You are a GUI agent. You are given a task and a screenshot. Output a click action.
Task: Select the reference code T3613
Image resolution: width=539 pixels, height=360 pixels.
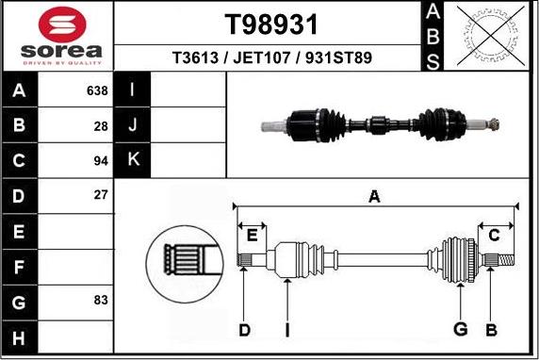[195, 58]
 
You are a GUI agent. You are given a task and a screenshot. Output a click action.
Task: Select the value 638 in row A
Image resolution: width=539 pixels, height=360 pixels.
[96, 91]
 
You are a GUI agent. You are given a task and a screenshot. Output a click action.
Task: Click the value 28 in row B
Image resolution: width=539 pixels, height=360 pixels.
[101, 125]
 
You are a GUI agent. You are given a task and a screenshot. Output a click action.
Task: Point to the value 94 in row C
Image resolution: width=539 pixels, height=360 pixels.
[101, 160]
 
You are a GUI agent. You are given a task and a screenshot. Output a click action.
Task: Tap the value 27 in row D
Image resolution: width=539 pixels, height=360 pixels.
[101, 195]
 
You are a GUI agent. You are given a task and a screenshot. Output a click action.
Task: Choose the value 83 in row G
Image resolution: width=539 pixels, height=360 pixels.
[101, 300]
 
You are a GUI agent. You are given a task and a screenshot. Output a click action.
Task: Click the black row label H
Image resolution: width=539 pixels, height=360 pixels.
[20, 335]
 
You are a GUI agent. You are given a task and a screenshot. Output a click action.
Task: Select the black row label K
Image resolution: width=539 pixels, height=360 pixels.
[133, 160]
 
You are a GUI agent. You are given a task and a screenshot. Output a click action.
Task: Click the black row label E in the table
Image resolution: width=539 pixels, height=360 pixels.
[20, 230]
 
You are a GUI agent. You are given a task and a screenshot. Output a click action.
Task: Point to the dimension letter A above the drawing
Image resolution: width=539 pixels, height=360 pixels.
[374, 197]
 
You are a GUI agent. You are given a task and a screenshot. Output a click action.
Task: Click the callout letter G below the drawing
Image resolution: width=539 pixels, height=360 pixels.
[460, 329]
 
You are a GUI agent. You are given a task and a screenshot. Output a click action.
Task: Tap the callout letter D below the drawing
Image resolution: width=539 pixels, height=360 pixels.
[244, 329]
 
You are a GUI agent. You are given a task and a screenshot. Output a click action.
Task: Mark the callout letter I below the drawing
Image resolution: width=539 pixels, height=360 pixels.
[286, 329]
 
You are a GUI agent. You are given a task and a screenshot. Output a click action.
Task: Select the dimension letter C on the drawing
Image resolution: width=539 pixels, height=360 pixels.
[494, 235]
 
